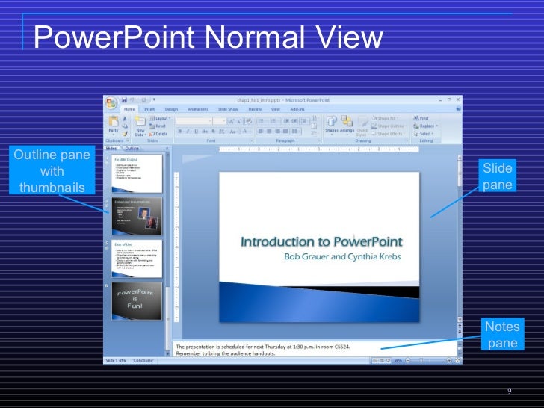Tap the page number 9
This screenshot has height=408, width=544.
(x=509, y=391)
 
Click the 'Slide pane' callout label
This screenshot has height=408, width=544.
(x=497, y=176)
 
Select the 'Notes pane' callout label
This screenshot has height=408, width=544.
(x=501, y=335)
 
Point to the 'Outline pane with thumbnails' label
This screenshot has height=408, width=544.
(x=52, y=171)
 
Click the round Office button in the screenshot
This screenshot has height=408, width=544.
(x=111, y=102)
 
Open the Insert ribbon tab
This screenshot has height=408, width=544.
(x=149, y=109)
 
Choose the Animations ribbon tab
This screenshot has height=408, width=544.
(x=198, y=109)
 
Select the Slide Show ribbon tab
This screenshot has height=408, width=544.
(x=228, y=109)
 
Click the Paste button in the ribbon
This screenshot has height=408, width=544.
(x=113, y=125)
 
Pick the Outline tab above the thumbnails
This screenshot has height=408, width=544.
(x=132, y=149)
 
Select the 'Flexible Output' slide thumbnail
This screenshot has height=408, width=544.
(x=137, y=171)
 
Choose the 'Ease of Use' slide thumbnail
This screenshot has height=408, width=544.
(x=137, y=258)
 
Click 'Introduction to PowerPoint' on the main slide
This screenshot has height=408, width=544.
(x=321, y=241)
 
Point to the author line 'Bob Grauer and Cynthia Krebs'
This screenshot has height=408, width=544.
(x=343, y=256)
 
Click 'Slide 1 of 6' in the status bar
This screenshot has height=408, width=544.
(x=116, y=360)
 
